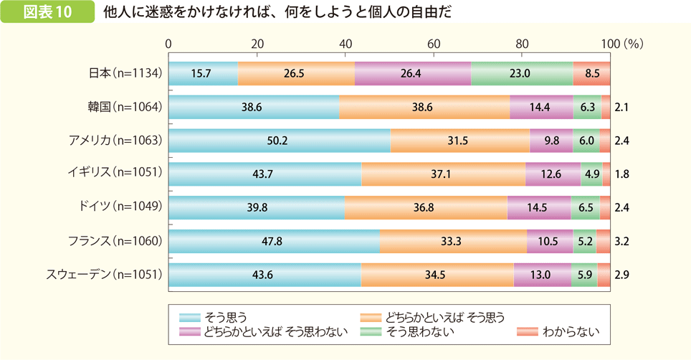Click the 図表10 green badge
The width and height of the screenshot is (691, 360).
tap(48, 13)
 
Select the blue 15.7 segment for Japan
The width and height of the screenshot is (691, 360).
tap(203, 73)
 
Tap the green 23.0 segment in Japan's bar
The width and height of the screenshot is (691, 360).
tap(522, 73)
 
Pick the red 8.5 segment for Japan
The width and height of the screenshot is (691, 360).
tap(591, 73)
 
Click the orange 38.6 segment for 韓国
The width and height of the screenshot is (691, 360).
tap(424, 107)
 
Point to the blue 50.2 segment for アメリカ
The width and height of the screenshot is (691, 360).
tap(279, 141)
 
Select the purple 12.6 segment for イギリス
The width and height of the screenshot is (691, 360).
tap(553, 174)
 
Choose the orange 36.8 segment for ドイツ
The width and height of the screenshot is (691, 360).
tap(426, 207)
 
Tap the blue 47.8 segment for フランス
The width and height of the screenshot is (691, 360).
tap(274, 241)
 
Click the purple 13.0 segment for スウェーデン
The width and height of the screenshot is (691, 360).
tap(542, 274)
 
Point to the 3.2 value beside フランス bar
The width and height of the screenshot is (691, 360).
tap(621, 241)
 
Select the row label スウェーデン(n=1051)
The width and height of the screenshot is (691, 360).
tap(105, 274)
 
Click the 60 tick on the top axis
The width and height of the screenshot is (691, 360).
tap(434, 44)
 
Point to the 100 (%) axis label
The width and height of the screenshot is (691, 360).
tap(622, 44)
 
